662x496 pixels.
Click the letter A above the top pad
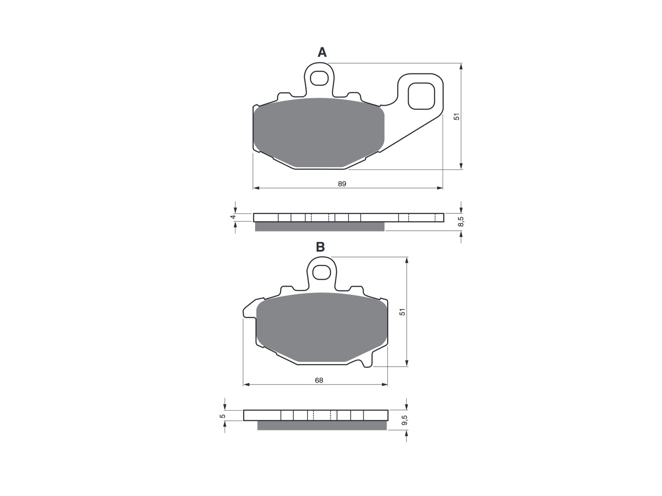pyautogui.click(x=322, y=52)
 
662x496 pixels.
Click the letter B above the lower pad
pyautogui.click(x=320, y=247)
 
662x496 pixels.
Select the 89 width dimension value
pyautogui.click(x=342, y=184)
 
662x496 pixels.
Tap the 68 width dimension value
pyautogui.click(x=319, y=380)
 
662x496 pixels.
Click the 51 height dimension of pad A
pyautogui.click(x=457, y=117)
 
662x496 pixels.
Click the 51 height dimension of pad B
pyautogui.click(x=402, y=312)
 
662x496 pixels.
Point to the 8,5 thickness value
pyautogui.click(x=461, y=221)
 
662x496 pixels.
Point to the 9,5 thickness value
pyautogui.click(x=405, y=420)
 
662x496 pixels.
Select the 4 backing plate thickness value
pyautogui.click(x=232, y=217)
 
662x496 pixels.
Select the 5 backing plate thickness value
pyautogui.click(x=222, y=416)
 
